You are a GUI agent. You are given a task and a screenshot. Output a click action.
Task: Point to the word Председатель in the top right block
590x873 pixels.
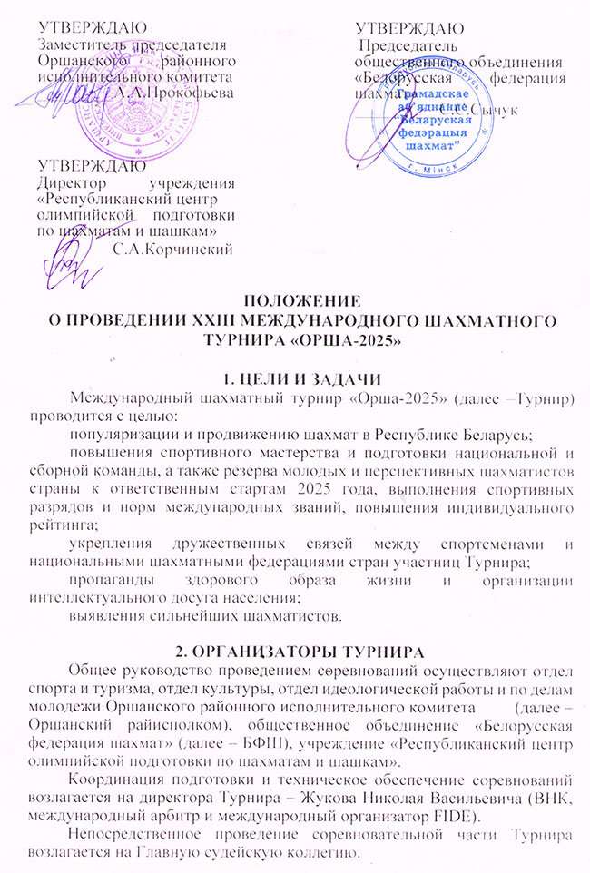(404, 47)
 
